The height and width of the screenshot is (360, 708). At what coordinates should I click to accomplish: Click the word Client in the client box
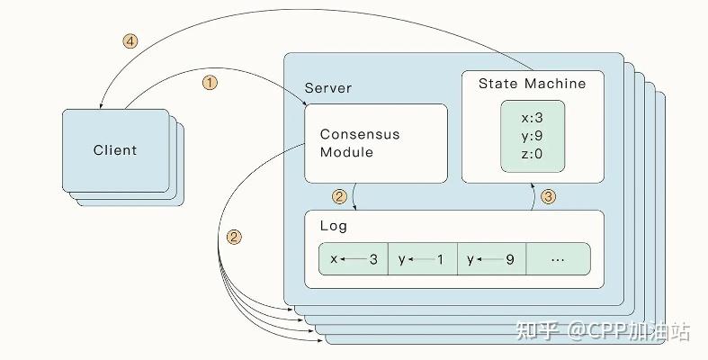tap(115, 150)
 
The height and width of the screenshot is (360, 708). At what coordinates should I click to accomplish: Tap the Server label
tap(328, 88)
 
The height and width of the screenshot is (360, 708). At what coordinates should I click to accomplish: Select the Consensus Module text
tap(360, 143)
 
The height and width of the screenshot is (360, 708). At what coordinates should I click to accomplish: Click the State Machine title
tap(532, 84)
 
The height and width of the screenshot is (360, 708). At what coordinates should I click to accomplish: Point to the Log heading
tap(333, 226)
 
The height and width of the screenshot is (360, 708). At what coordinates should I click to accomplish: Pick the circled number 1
tap(210, 83)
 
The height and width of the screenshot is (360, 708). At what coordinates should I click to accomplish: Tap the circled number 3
tap(548, 195)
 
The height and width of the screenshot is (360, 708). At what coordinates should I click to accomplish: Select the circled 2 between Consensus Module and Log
tap(339, 195)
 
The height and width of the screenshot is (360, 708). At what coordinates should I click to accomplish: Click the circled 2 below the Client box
tap(234, 238)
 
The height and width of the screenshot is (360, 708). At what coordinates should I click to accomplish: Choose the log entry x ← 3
tap(354, 259)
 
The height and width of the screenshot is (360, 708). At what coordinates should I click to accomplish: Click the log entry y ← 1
tap(422, 259)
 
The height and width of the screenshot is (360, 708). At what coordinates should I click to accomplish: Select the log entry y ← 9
tap(490, 259)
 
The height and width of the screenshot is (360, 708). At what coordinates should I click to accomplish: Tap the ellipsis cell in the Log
tap(558, 259)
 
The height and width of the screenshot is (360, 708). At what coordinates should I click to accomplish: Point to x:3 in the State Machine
tap(532, 116)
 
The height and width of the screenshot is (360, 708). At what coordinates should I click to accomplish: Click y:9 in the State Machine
tap(532, 135)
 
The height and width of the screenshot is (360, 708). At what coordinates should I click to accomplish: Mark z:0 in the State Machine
tap(532, 154)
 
